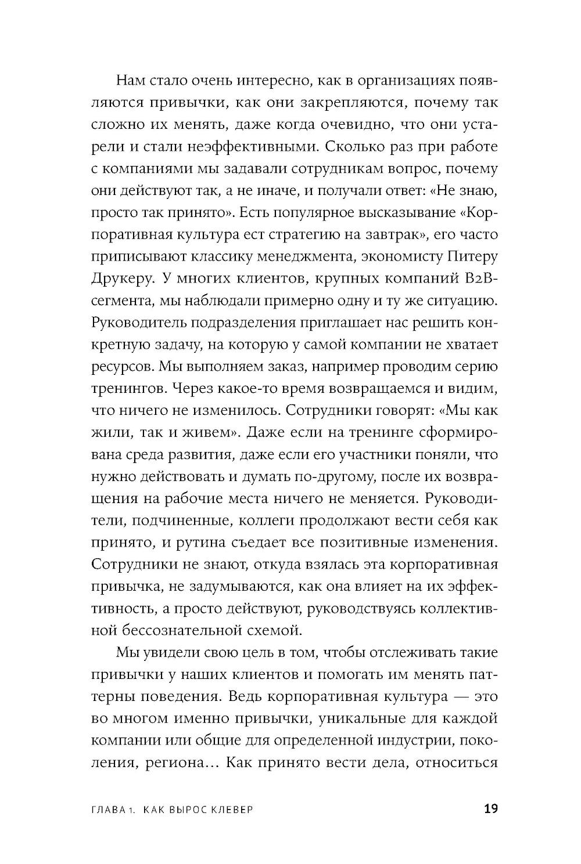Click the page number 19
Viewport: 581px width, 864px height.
coord(490,809)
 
